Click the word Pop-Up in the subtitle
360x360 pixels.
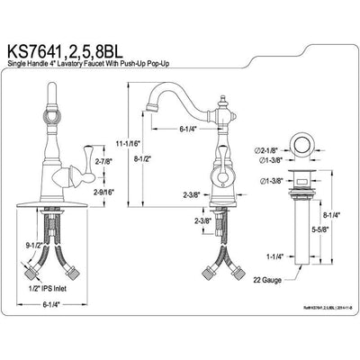[207, 60]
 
